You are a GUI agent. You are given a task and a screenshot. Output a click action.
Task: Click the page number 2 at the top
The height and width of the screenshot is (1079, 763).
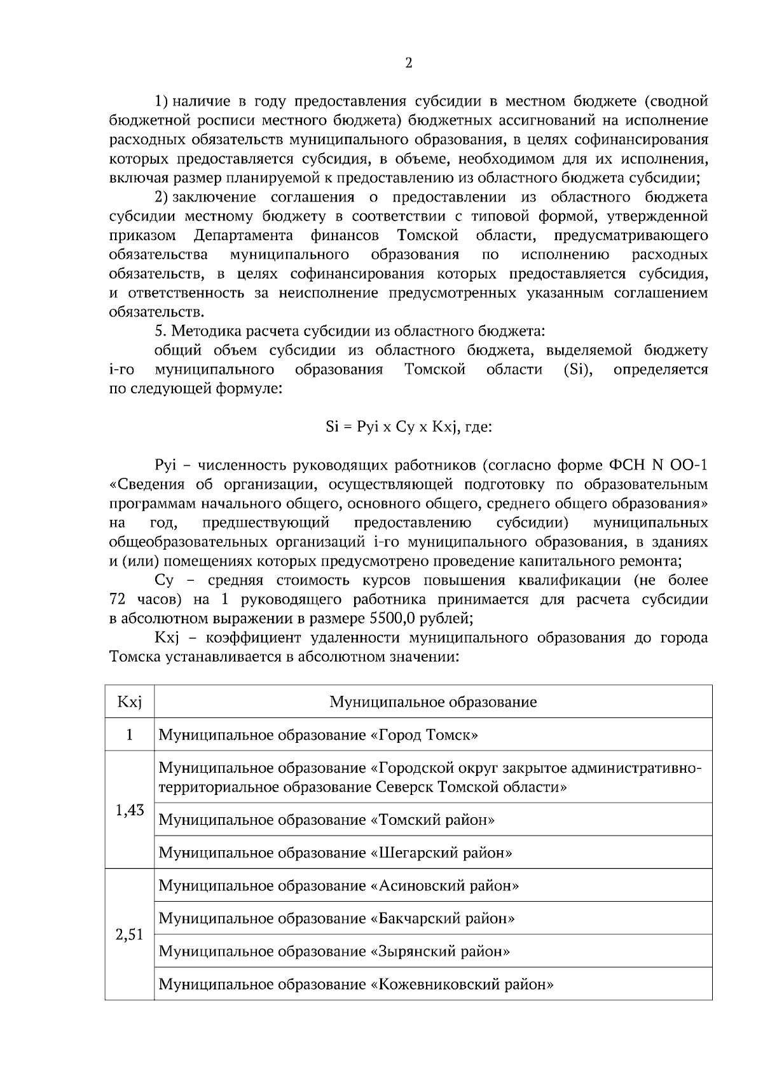[408, 63]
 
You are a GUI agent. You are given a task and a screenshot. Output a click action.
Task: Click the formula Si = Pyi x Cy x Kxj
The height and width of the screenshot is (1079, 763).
[408, 427]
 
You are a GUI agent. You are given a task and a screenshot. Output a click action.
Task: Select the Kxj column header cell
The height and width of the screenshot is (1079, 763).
[129, 702]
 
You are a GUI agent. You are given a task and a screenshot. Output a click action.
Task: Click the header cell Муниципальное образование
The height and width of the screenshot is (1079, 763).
[432, 702]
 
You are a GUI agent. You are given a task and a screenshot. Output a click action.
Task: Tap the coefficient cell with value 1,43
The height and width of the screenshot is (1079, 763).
[129, 810]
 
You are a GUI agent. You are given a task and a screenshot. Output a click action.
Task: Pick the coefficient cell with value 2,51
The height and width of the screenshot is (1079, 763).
[129, 935]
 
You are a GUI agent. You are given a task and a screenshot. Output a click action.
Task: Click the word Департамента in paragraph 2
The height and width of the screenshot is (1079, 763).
[243, 236]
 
